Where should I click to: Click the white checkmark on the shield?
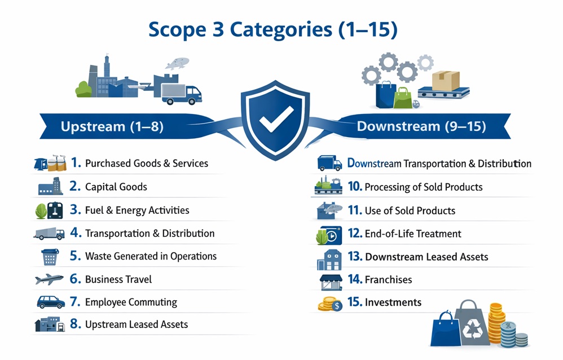pos(276,118)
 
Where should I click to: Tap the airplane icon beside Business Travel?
pos(49,279)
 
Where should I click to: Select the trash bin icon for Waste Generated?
pos(50,257)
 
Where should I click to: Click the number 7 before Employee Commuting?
pos(75,302)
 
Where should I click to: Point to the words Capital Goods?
pos(116,187)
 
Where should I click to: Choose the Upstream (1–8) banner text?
pos(112,126)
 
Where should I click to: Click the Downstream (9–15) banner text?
pos(421,126)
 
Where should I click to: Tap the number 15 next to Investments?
pos(355,302)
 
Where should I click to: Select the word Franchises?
pos(388,279)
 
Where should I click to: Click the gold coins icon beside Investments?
pos(330,304)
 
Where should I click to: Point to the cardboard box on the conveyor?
pos(446,81)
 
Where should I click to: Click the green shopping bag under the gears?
pos(403,98)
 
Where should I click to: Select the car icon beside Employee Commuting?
pos(51,302)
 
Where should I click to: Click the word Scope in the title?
pos(177,30)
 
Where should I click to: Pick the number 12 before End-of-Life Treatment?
pos(355,233)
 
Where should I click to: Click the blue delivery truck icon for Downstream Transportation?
pos(329,163)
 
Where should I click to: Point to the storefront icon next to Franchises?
pos(331,282)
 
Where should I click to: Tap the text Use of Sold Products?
pos(410,210)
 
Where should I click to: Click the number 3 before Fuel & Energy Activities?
pos(75,209)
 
